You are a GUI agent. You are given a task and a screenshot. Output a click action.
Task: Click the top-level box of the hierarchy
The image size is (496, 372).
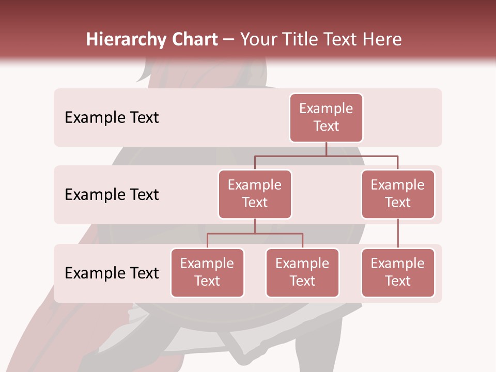[x=326, y=118]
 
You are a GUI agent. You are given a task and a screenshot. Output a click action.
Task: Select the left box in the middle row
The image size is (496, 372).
[x=255, y=194]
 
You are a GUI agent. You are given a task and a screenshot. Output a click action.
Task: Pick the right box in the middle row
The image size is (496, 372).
[x=398, y=194]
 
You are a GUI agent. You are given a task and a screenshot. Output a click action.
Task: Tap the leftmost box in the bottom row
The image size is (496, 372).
[x=207, y=273]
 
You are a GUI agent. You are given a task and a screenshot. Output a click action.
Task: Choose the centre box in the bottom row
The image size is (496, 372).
[x=302, y=273]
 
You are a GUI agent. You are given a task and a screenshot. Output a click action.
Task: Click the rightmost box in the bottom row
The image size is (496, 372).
[x=398, y=273]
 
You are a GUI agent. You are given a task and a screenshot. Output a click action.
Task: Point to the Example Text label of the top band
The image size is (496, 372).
[x=112, y=118]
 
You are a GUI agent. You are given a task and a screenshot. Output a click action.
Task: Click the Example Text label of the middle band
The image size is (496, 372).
[x=112, y=195]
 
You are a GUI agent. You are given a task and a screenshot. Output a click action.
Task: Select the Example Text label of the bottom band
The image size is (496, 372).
[x=112, y=273]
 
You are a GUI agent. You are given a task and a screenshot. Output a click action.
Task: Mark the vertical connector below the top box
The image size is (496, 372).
[x=326, y=149]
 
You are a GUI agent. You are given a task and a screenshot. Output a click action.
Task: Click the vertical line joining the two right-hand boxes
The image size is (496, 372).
[x=398, y=234]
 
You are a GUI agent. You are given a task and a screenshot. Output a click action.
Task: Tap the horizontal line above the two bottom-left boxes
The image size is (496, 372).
[x=255, y=234]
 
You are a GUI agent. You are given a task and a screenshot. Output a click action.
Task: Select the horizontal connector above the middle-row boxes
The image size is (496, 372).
[x=326, y=156]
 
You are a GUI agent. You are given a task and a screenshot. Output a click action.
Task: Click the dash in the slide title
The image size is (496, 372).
[x=229, y=40]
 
